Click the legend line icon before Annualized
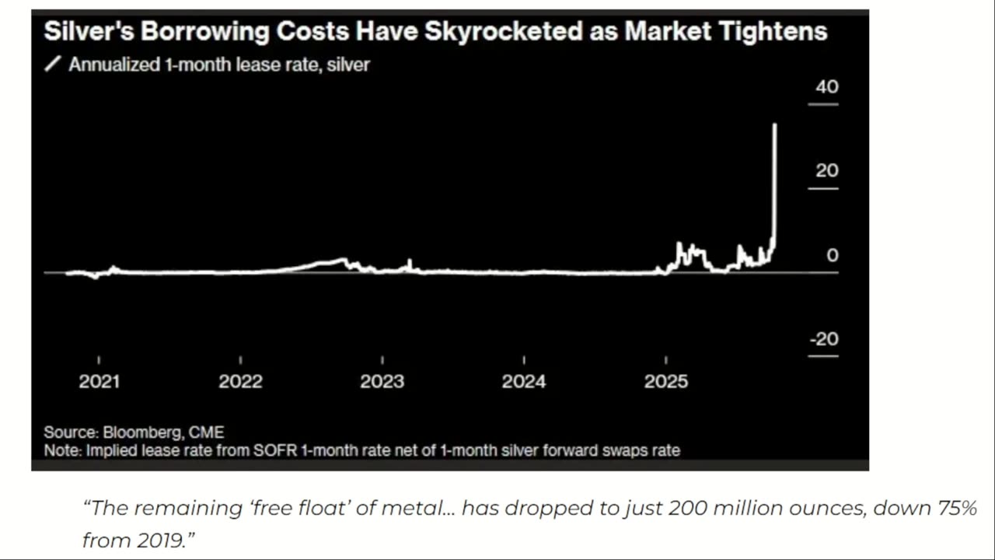pyautogui.click(x=52, y=65)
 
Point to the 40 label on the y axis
pyautogui.click(x=827, y=87)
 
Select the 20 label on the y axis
pyautogui.click(x=827, y=171)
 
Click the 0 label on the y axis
pyautogui.click(x=833, y=256)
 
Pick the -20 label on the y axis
pyautogui.click(x=824, y=340)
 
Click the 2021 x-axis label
pyautogui.click(x=99, y=382)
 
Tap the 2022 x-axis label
pyautogui.click(x=240, y=382)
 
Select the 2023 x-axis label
pyautogui.click(x=382, y=382)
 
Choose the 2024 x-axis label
pyautogui.click(x=524, y=382)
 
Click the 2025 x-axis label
pyautogui.click(x=666, y=382)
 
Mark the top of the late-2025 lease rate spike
pyautogui.click(x=774, y=124)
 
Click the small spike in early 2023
pyautogui.click(x=410, y=261)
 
